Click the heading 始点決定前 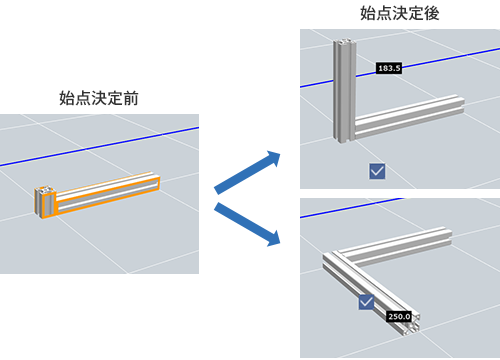pyautogui.click(x=99, y=98)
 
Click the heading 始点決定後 pyautogui.click(x=400, y=13)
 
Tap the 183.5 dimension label pyautogui.click(x=389, y=68)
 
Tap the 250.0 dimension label pyautogui.click(x=399, y=316)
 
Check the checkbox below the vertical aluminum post pyautogui.click(x=377, y=171)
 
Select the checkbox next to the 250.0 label pyautogui.click(x=366, y=302)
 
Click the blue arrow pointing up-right pyautogui.click(x=247, y=172)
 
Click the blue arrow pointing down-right pyautogui.click(x=247, y=224)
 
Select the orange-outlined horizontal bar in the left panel pyautogui.click(x=107, y=193)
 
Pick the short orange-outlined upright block pyautogui.click(x=44, y=202)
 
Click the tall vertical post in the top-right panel pyautogui.click(x=344, y=90)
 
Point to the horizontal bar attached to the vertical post pyautogui.click(x=410, y=116)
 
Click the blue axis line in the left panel pyautogui.click(x=99, y=146)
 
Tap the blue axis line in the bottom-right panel pyautogui.click(x=352, y=208)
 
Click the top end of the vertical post pyautogui.click(x=345, y=41)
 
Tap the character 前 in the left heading pyautogui.click(x=131, y=98)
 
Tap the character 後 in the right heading pyautogui.click(x=432, y=13)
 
